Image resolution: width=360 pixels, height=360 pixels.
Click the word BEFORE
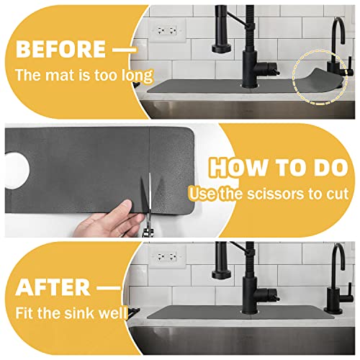tap(60, 49)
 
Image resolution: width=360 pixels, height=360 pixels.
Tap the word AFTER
tap(53, 287)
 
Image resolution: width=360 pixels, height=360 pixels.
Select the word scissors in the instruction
tap(275, 194)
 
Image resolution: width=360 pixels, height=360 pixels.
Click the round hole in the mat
tap(17, 171)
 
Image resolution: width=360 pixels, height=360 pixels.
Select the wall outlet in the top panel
tap(167, 31)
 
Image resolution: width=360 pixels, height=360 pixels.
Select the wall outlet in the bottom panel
tap(167, 257)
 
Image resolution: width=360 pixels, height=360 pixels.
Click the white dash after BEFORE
tap(125, 50)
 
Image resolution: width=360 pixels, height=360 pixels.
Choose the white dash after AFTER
tap(109, 287)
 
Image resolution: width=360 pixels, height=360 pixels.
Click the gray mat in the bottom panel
tap(240, 312)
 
